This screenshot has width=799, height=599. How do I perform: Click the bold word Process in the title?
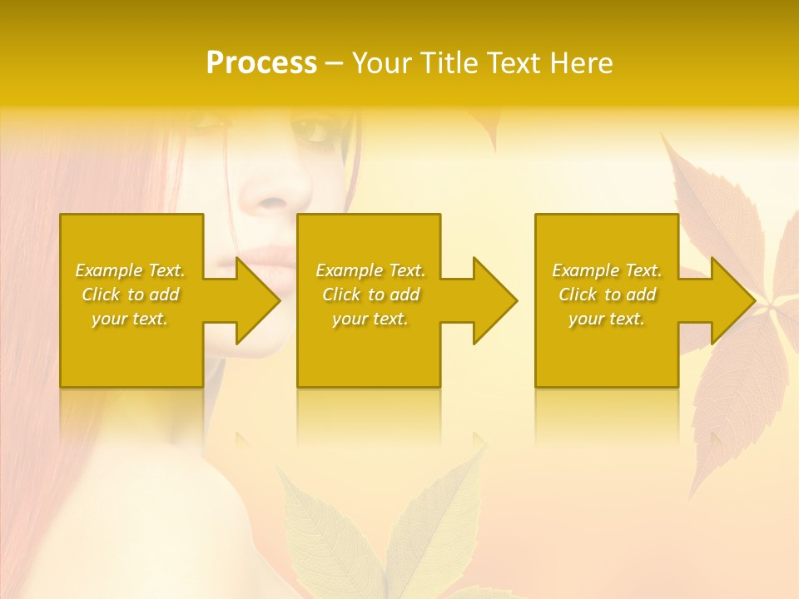coord(261,63)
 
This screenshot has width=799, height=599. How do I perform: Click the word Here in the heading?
coord(581,63)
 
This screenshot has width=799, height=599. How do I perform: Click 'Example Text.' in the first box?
coord(130,270)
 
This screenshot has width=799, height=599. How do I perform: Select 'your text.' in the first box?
coord(130,319)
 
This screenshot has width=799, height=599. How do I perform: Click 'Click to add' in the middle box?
coord(370,295)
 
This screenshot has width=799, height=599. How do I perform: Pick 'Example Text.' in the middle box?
coord(370,270)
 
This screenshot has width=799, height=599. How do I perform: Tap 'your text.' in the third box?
coord(607,319)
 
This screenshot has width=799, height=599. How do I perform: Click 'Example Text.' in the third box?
coord(607,270)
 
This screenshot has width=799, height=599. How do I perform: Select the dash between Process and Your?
coord(334,63)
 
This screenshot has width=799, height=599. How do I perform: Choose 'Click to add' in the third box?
coord(607,295)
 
